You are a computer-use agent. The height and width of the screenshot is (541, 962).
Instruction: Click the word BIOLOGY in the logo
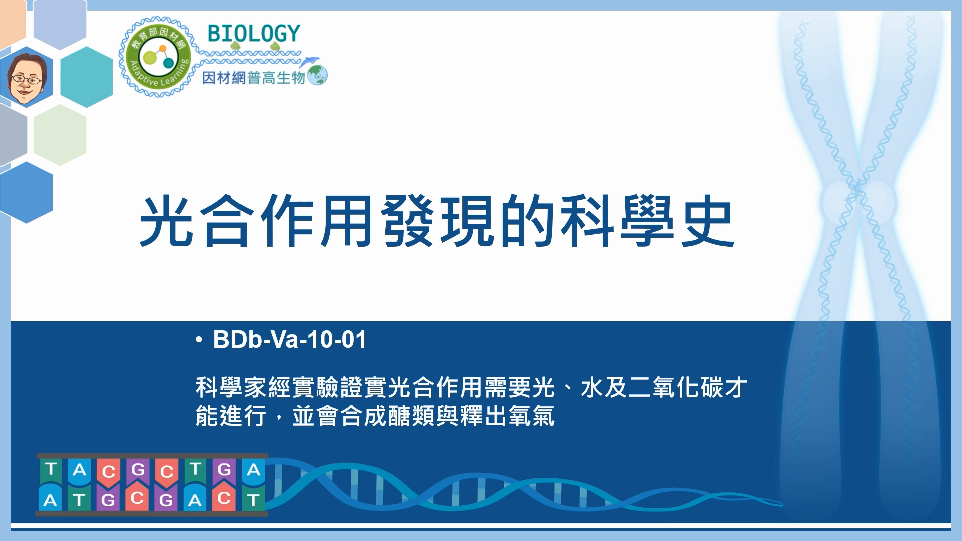(254, 34)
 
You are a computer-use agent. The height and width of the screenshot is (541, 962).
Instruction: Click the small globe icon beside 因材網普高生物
(317, 76)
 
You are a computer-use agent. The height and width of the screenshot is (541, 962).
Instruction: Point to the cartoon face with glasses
(28, 77)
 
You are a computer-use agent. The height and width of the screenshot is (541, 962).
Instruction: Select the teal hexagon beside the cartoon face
(86, 77)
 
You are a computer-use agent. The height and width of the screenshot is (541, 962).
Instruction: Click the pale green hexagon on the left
(60, 135)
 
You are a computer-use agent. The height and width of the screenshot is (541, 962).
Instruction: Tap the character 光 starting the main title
(167, 221)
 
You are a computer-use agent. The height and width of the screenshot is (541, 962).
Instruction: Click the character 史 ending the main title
(707, 221)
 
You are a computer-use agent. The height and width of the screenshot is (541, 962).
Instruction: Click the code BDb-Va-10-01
(290, 339)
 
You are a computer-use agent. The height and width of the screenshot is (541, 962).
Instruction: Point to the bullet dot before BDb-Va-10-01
(199, 340)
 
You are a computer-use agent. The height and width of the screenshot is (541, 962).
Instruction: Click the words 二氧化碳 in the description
(664, 387)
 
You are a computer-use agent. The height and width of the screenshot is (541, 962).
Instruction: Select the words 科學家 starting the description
(231, 387)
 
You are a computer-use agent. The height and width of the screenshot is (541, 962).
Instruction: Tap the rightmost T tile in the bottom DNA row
(253, 499)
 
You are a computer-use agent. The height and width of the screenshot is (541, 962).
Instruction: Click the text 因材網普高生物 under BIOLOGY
(254, 78)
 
